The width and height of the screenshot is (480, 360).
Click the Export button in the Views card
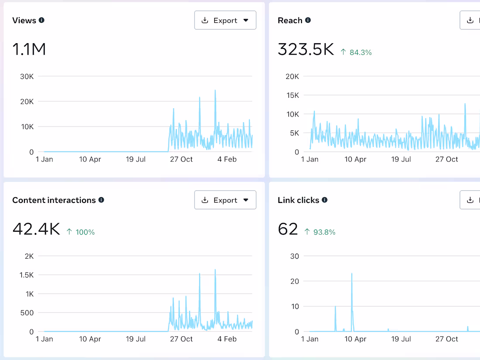225,20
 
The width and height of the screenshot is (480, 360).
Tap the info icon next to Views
41,20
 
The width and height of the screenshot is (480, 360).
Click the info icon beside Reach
308,20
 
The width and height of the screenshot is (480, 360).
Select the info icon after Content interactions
101,200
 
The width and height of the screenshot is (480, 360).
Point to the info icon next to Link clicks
325,200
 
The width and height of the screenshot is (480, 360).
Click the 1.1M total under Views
29,49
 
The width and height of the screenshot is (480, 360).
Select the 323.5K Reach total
306,49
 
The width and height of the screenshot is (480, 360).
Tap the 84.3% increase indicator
357,52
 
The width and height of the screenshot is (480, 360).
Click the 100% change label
81,232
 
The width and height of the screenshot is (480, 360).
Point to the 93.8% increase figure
320,232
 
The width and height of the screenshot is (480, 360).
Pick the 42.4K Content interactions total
36,229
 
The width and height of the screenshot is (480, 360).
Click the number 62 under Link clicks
288,229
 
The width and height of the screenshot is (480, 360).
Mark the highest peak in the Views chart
215,90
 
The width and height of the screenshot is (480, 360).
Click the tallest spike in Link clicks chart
352,274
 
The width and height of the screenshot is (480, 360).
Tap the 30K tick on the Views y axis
27,76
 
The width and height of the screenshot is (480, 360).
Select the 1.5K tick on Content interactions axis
27,275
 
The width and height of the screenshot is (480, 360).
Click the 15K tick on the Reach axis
293,95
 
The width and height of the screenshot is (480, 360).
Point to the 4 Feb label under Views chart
227,159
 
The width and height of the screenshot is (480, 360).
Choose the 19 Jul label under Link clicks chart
401,339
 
